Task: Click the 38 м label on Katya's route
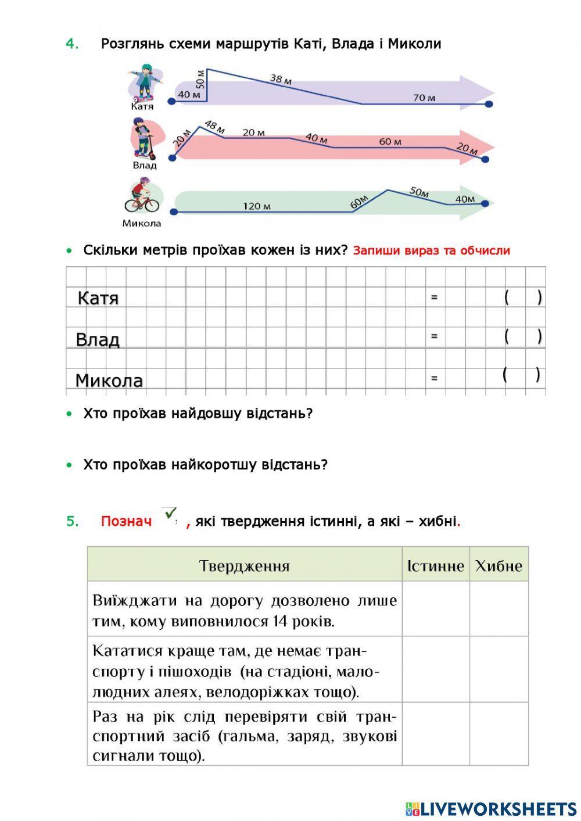(281, 79)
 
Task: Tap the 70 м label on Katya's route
(424, 98)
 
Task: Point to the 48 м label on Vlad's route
(214, 126)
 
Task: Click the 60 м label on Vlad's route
(390, 141)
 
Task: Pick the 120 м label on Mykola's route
(256, 206)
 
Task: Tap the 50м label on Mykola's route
(419, 191)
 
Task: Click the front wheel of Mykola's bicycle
(151, 205)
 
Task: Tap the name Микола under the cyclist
(141, 223)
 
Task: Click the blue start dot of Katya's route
(171, 102)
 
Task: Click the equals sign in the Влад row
(434, 336)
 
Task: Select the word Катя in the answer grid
(98, 298)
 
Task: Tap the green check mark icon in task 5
(170, 514)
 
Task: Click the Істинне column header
(435, 566)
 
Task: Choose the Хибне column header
(498, 566)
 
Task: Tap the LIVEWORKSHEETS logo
(491, 808)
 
